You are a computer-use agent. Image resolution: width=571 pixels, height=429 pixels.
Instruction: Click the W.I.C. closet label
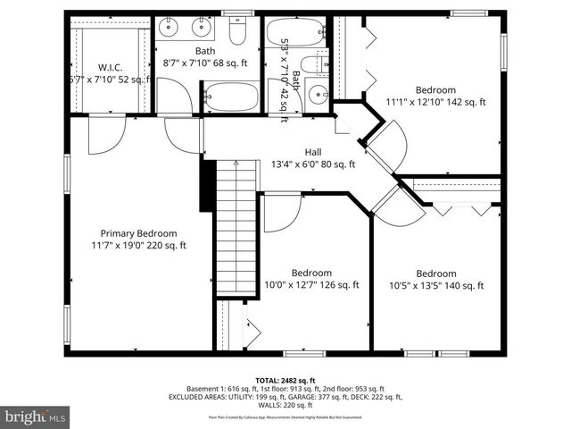click(x=111, y=67)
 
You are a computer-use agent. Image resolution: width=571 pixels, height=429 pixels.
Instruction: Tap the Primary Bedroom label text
click(x=138, y=232)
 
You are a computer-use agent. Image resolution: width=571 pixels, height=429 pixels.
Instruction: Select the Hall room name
click(x=313, y=152)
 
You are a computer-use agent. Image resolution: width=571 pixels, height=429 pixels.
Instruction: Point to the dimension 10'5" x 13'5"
click(x=436, y=286)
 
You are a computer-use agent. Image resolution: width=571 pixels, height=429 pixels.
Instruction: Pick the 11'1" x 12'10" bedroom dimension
click(x=435, y=102)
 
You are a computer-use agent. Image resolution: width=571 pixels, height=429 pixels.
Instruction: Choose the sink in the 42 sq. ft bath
click(x=317, y=94)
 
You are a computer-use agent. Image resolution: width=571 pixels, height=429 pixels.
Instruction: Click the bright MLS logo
click(x=36, y=416)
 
